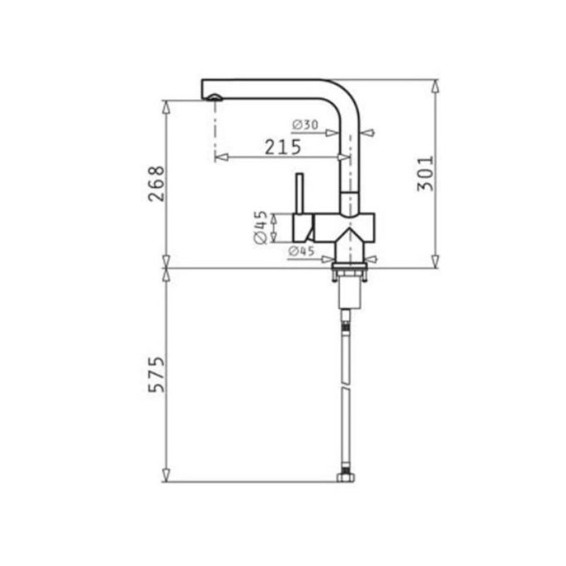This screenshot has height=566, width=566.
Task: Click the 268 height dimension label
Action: click(x=156, y=184)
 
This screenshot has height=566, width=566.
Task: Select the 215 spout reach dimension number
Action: click(x=283, y=147)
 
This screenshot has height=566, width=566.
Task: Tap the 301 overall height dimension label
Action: click(x=425, y=173)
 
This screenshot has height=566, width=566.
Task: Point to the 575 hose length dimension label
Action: click(x=156, y=375)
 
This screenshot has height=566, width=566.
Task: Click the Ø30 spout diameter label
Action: click(x=305, y=125)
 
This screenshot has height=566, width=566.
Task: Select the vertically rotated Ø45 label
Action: click(x=260, y=227)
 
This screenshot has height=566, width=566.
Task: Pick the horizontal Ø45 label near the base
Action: click(x=300, y=251)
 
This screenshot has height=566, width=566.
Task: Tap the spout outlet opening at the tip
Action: click(x=215, y=98)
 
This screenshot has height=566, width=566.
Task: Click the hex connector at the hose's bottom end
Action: click(x=345, y=478)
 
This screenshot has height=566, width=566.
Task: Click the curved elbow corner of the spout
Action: click(x=348, y=94)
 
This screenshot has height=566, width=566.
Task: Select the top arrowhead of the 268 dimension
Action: click(x=166, y=106)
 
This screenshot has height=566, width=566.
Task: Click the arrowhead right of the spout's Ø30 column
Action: click(x=369, y=132)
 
